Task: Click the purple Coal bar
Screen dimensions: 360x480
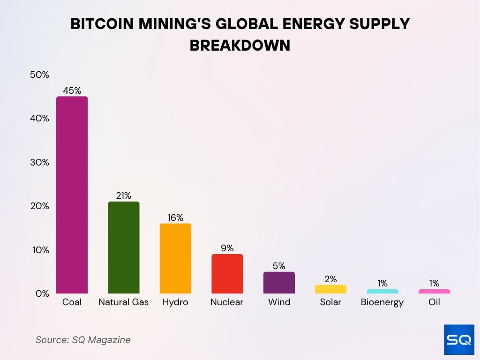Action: pyautogui.click(x=72, y=195)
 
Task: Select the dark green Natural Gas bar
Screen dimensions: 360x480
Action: pyautogui.click(x=124, y=247)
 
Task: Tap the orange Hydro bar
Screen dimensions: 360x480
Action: pyautogui.click(x=175, y=258)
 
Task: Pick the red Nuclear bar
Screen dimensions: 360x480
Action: pyautogui.click(x=227, y=274)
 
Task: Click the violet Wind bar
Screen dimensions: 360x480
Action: pyautogui.click(x=279, y=283)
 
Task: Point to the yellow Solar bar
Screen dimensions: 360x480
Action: pyautogui.click(x=330, y=289)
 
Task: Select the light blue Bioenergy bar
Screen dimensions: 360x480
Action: pyautogui.click(x=382, y=292)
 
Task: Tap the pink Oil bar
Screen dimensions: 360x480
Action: pyautogui.click(x=434, y=292)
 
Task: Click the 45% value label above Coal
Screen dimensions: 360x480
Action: pyautogui.click(x=72, y=90)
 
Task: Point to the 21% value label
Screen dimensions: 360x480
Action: pyautogui.click(x=124, y=195)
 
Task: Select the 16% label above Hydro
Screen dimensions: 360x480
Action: pyautogui.click(x=175, y=217)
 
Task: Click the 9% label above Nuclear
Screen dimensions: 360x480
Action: pyautogui.click(x=227, y=248)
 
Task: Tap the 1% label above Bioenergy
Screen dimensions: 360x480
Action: pyautogui.click(x=382, y=283)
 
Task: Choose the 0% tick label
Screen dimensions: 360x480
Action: pyautogui.click(x=42, y=293)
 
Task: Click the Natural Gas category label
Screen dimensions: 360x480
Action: pyautogui.click(x=124, y=302)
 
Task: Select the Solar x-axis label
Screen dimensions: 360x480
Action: pyautogui.click(x=330, y=302)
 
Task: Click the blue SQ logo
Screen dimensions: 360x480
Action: pyautogui.click(x=459, y=339)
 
